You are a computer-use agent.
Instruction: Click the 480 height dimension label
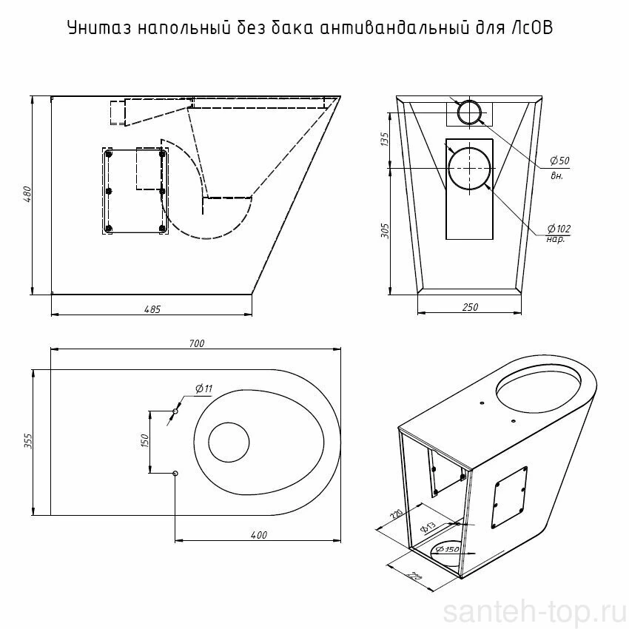27,194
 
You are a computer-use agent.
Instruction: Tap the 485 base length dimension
152,309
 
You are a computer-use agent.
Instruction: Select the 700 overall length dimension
197,343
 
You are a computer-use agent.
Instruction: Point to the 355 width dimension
28,440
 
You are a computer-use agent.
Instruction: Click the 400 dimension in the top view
259,535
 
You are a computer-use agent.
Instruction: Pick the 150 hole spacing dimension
145,440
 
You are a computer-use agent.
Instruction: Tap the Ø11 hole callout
203,388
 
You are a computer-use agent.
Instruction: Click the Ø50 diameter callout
559,161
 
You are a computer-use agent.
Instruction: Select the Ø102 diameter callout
559,229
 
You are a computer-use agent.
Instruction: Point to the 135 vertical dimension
384,139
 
